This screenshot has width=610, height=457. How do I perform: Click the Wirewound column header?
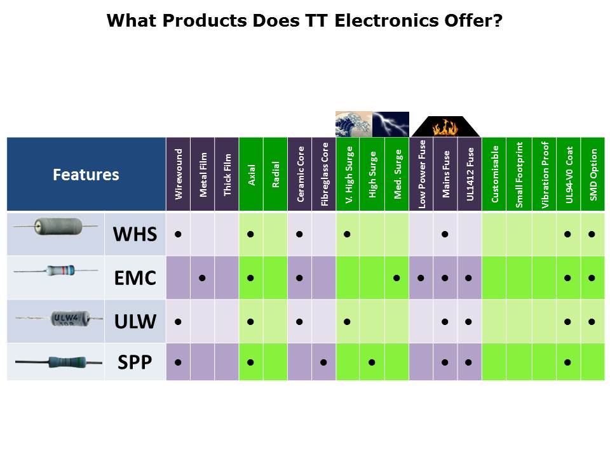point(178,174)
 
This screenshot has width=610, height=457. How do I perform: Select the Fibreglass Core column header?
point(324,174)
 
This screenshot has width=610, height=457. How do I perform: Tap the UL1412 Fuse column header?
point(470,174)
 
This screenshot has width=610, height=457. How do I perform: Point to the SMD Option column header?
point(593,174)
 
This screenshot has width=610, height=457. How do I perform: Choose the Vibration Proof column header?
point(545,174)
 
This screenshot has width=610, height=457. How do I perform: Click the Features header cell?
point(86,174)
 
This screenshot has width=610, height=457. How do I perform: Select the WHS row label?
point(135,234)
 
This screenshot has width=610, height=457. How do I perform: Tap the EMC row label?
point(135,278)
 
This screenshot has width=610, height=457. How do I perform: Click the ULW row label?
point(135,321)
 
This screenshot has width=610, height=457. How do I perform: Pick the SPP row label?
point(135,362)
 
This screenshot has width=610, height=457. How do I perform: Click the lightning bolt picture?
point(391,124)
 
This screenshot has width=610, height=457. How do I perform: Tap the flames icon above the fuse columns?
point(446,127)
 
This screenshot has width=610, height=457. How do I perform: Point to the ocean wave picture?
point(354,124)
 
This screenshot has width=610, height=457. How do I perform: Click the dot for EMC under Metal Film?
point(202,278)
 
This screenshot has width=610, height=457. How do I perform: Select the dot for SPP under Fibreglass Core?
point(323,362)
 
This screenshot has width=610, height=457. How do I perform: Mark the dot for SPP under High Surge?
point(372,362)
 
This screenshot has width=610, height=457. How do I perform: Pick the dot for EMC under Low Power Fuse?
point(421,278)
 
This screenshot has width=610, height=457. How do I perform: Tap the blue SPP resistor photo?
point(58,362)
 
